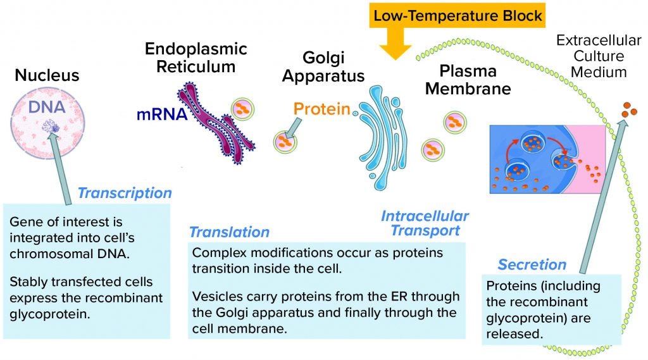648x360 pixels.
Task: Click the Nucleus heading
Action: [x=47, y=76]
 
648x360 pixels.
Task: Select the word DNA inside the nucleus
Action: [x=47, y=107]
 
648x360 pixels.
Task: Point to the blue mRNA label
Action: [x=161, y=115]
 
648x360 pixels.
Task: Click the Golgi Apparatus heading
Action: [x=323, y=68]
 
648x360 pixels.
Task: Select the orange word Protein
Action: [x=322, y=109]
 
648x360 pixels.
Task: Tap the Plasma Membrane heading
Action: [x=468, y=80]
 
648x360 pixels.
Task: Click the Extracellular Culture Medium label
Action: [x=599, y=56]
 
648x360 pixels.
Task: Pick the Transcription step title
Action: [x=124, y=193]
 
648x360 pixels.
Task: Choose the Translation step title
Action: [x=229, y=232]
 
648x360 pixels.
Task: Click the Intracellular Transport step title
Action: [x=425, y=223]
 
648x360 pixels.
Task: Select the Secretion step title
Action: [x=532, y=264]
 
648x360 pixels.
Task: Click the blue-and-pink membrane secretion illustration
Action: [x=547, y=158]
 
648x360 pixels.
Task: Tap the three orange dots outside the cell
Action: [x=629, y=109]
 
